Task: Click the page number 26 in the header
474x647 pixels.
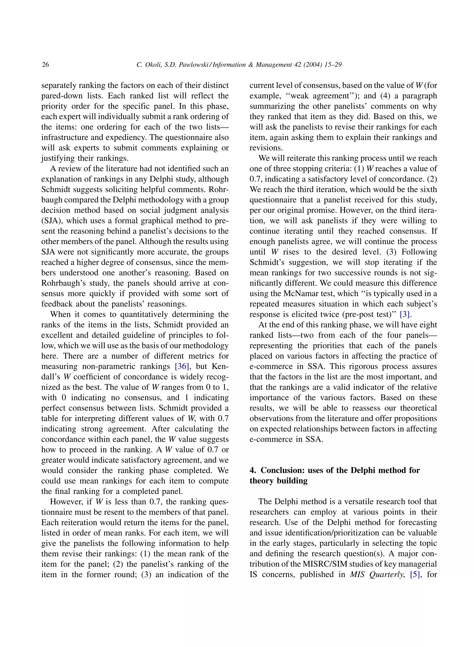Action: click(45, 65)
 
